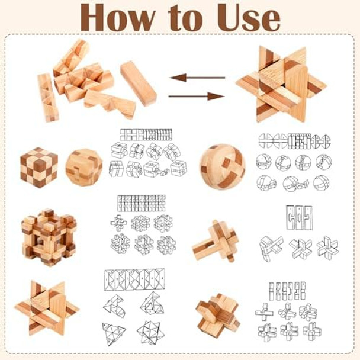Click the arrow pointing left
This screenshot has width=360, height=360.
[197, 78]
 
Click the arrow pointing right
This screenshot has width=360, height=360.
[197, 96]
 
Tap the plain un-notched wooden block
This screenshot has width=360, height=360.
[139, 83]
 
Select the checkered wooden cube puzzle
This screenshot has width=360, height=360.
[38, 167]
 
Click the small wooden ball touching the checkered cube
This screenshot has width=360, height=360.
[83, 166]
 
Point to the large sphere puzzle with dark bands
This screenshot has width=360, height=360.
[222, 165]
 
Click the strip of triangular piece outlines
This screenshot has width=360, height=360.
[134, 276]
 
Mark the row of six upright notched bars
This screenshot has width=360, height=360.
[287, 290]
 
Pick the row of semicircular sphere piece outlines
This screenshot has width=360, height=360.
[294, 141]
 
